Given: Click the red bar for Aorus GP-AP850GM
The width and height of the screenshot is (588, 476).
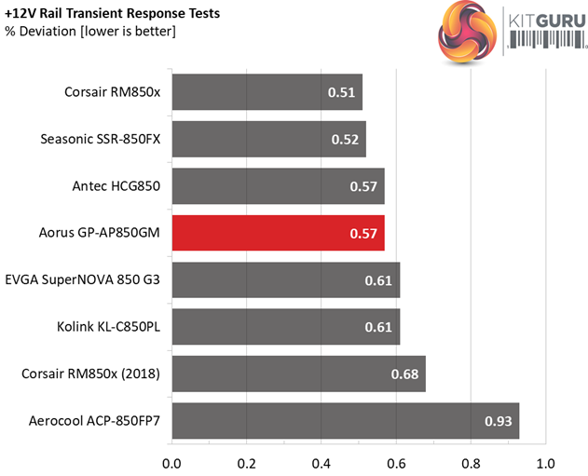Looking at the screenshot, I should click(278, 233).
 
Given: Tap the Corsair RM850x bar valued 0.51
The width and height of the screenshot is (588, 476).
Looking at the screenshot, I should click(267, 91).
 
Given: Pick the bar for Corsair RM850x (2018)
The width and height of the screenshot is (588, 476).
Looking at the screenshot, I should click(298, 374).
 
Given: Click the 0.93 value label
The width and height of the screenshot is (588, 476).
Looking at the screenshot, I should click(498, 422).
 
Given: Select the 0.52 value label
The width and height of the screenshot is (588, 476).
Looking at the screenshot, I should click(344, 139).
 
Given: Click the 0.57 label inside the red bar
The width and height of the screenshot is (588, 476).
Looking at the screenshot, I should click(362, 233).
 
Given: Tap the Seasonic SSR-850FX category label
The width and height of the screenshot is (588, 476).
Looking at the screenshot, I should click(101, 139).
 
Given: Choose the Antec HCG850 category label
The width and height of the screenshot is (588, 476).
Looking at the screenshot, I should click(116, 186).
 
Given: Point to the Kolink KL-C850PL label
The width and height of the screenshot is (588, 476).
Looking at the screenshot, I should click(108, 327).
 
